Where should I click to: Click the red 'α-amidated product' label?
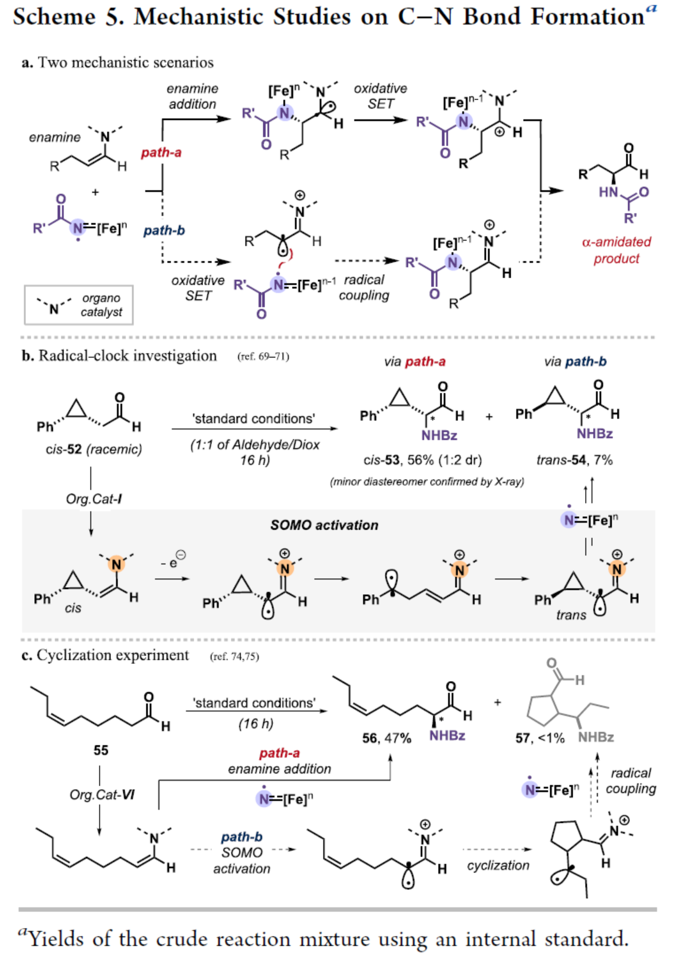click(616, 250)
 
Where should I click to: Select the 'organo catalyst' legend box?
click(79, 305)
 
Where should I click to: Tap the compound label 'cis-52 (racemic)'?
click(94, 449)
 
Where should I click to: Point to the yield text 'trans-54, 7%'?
click(574, 460)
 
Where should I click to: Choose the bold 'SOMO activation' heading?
click(324, 525)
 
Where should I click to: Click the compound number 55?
click(101, 750)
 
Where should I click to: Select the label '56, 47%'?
click(387, 738)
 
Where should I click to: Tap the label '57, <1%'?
click(540, 738)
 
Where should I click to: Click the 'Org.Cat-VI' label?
click(102, 795)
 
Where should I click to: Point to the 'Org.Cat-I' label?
click(94, 499)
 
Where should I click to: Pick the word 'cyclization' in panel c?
click(498, 865)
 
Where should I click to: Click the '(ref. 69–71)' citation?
click(263, 356)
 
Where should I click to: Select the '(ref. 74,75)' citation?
click(234, 656)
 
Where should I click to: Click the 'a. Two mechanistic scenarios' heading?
click(117, 63)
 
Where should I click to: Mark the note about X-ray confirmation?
click(427, 481)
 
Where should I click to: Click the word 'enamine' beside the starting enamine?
click(55, 137)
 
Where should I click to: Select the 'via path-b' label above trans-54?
click(575, 361)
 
